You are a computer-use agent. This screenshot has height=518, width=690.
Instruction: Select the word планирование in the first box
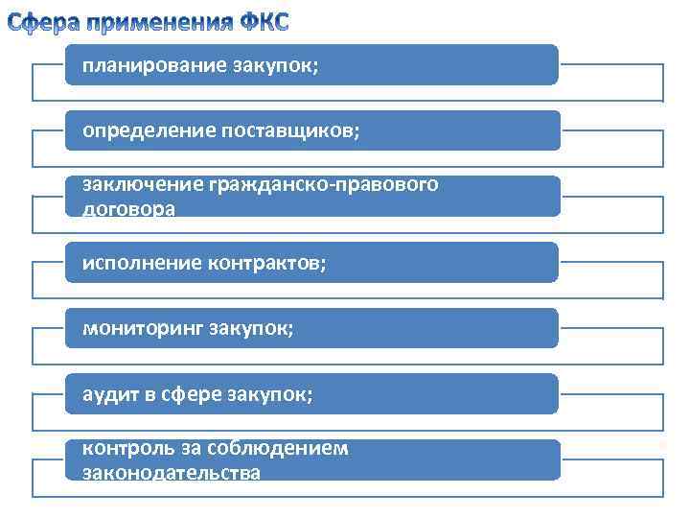click(x=151, y=65)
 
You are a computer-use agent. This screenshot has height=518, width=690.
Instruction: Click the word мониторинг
click(x=139, y=328)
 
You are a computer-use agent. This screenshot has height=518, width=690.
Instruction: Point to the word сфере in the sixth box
click(x=194, y=394)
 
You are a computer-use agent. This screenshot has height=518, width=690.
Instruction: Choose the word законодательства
click(x=172, y=472)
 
